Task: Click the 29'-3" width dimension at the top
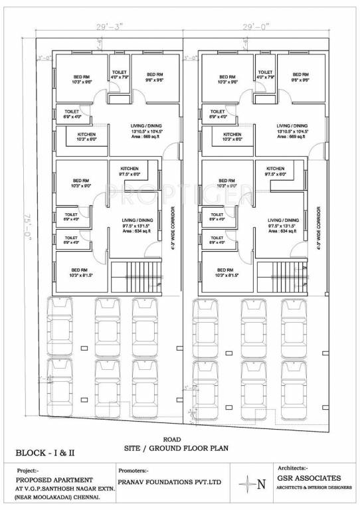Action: pos(110,29)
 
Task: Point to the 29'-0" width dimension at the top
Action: pos(256,29)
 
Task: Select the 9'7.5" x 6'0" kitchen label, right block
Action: pos(275,174)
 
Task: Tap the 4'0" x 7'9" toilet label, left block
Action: pos(119,78)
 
